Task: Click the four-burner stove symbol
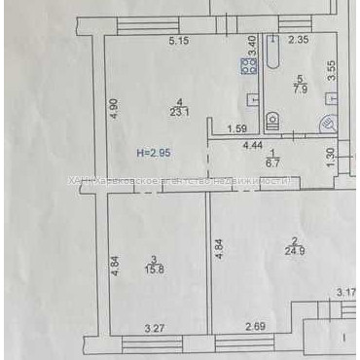[248, 65]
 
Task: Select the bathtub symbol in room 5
[273, 58]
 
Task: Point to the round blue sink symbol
[328, 124]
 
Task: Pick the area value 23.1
[178, 112]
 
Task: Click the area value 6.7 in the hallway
[273, 162]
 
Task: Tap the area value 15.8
[154, 269]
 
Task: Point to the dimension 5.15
[178, 41]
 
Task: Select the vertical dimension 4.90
[113, 108]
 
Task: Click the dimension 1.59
[235, 129]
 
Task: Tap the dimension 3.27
[154, 329]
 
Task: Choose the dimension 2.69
[255, 329]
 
